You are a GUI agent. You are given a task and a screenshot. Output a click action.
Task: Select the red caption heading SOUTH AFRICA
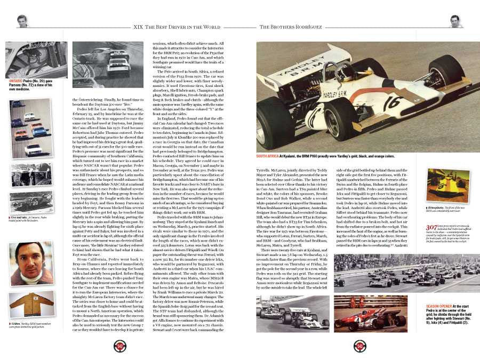point(270,141)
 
